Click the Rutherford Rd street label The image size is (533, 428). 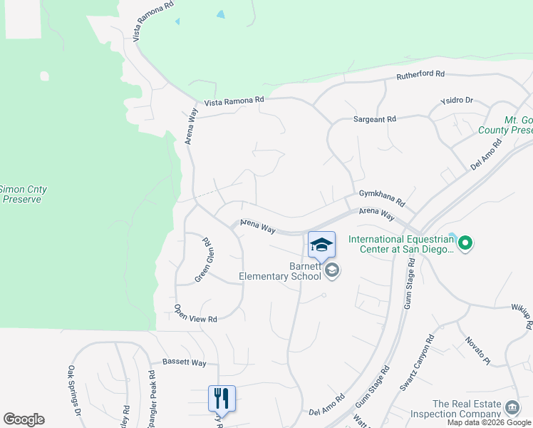coord(420,74)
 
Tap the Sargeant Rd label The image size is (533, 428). coord(375,120)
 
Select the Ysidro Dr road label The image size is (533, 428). coord(457,101)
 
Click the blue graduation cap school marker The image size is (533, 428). coord(321,245)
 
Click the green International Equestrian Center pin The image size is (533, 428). coord(465,244)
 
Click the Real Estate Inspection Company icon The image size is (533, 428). coord(512,408)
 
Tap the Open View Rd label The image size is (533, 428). coord(195,315)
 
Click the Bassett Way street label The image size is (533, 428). coord(184,362)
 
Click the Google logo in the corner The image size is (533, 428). coord(24,419)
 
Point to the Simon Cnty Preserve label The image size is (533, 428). coord(23,194)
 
